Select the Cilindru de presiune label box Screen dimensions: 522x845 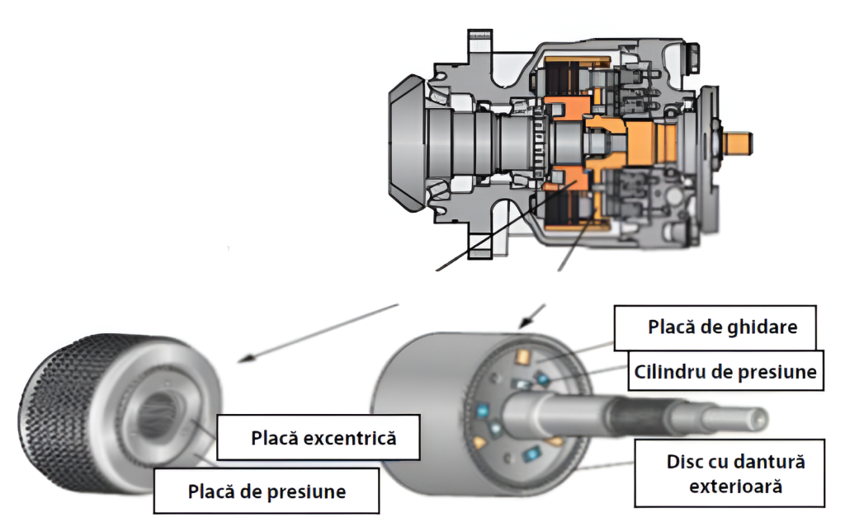(725, 371)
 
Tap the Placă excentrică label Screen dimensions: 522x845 (323, 437)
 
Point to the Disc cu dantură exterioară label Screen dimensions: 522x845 (734, 473)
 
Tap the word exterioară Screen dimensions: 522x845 (735, 486)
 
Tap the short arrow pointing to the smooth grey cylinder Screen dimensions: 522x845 (533, 314)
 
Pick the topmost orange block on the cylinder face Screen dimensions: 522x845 (522, 356)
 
